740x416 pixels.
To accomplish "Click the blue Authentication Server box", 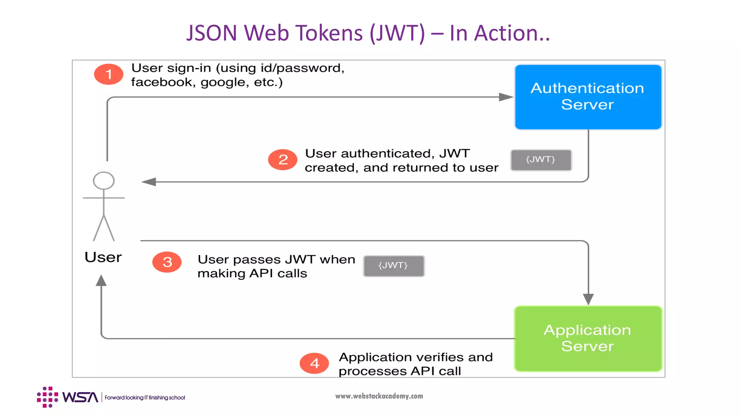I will [x=588, y=97].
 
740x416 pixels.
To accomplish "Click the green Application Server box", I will [x=588, y=338].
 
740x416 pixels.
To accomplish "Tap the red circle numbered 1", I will [x=108, y=74].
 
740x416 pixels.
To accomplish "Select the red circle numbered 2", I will [x=283, y=160].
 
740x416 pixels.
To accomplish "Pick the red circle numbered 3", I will [x=167, y=262].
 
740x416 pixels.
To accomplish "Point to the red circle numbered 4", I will [x=314, y=363].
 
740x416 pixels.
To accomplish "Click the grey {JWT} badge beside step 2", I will [x=541, y=160].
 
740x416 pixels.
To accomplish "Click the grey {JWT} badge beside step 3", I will [x=393, y=266].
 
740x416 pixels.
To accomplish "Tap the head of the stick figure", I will [x=104, y=181].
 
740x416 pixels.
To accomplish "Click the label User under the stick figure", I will [x=103, y=257].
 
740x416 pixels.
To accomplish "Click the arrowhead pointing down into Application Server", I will [x=588, y=299].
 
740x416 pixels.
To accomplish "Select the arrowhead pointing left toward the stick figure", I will [x=149, y=182].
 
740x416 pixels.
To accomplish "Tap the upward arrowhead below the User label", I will [x=101, y=281].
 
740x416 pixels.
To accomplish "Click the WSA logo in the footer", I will [x=68, y=397].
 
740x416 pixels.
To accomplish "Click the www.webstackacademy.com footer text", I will [x=379, y=396].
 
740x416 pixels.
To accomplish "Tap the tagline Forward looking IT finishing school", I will [x=145, y=398].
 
